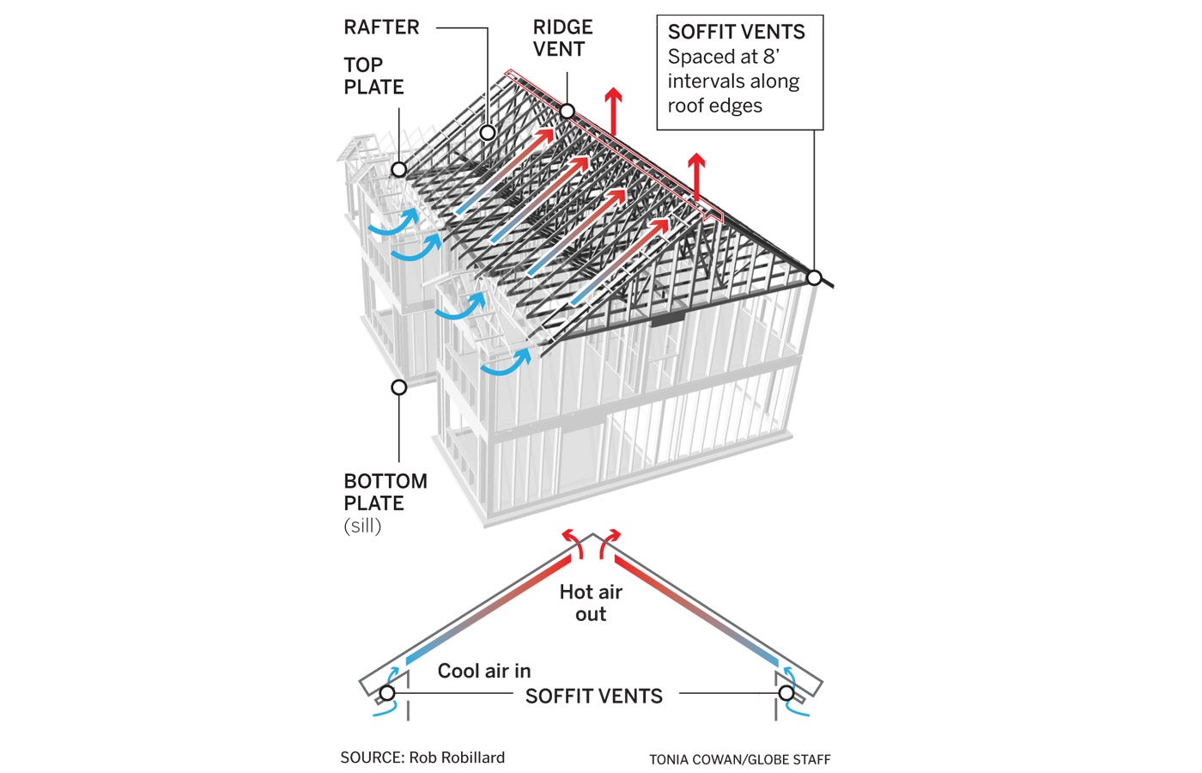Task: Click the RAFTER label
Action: click(x=381, y=27)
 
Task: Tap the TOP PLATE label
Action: click(x=373, y=76)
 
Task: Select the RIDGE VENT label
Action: click(x=562, y=38)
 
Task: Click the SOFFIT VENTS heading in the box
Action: click(x=737, y=32)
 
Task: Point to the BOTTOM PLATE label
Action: click(x=385, y=491)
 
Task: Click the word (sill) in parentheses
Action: click(x=362, y=526)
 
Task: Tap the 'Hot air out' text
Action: click(x=591, y=602)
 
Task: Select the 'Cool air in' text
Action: click(x=484, y=671)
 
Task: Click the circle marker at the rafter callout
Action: click(x=488, y=132)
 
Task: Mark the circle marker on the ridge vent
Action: click(x=568, y=111)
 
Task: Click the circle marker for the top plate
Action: click(x=398, y=170)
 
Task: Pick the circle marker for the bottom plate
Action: click(x=398, y=387)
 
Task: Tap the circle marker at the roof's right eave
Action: click(x=814, y=277)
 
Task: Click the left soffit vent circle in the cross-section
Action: click(x=387, y=693)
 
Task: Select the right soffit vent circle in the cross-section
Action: click(x=786, y=693)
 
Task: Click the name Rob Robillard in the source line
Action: click(x=457, y=758)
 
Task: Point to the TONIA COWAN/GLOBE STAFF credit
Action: click(x=739, y=759)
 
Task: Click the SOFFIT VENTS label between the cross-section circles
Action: click(x=594, y=697)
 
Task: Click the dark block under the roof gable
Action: click(x=667, y=320)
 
